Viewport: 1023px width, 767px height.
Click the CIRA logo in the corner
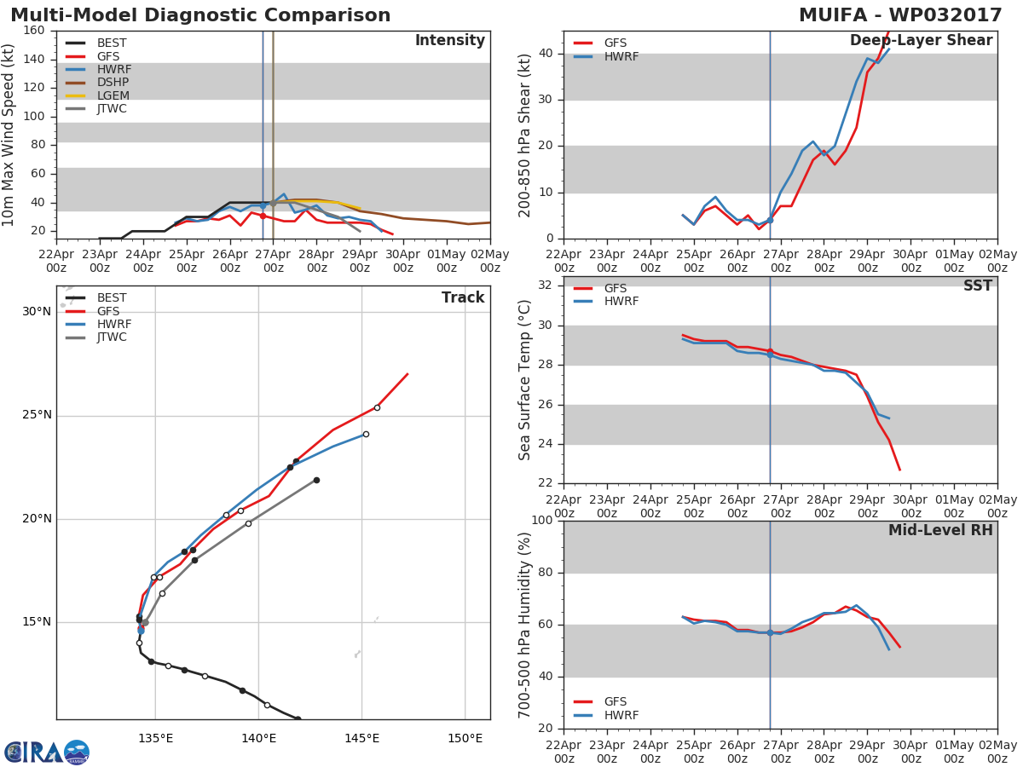47,753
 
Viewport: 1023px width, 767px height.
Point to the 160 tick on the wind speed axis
34,31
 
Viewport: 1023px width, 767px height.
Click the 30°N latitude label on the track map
37,312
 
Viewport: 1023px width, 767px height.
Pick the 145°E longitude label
362,739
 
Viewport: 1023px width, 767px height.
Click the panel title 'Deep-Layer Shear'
921,41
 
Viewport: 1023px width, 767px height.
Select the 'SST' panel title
977,285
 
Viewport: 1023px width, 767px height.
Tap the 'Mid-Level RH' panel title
940,530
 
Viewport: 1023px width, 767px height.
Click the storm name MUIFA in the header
833,15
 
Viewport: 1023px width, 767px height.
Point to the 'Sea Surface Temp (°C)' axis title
524,380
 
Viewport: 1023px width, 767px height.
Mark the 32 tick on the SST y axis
546,285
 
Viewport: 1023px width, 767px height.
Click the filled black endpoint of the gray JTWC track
316,480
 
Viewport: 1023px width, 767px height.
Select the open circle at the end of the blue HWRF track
366,434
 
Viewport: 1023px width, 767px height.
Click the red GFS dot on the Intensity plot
263,216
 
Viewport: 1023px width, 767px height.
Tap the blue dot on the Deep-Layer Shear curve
770,220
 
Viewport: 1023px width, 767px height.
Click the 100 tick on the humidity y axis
542,520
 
